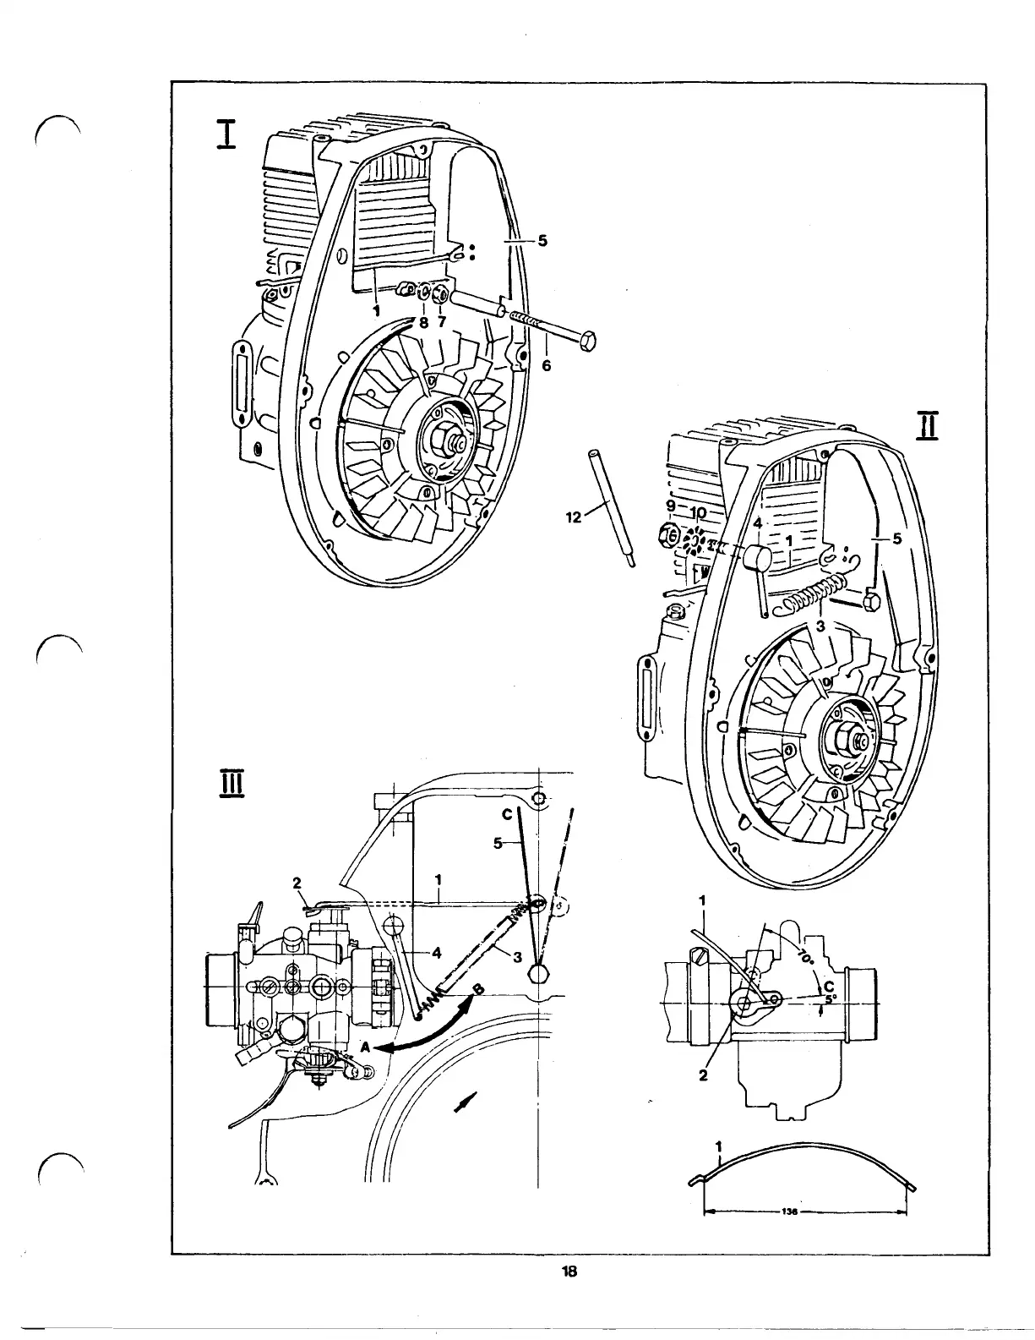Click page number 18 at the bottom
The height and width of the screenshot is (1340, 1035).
pos(569,1271)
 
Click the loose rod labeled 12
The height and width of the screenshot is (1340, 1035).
pos(611,507)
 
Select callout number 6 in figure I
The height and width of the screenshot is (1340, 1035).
pos(547,365)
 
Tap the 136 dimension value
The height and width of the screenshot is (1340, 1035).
pos(790,1211)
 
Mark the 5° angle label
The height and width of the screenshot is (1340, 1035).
pos(831,998)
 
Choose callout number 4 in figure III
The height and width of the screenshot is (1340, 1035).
pos(436,953)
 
